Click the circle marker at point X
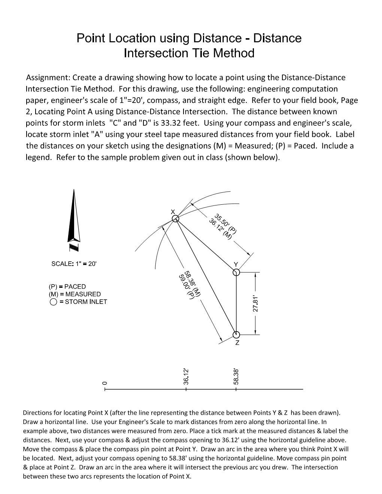click(x=175, y=219)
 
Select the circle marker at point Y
click(x=236, y=272)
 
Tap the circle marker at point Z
click(x=236, y=334)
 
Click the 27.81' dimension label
click(x=255, y=304)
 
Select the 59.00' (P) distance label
click(x=186, y=287)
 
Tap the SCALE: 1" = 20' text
click(x=74, y=264)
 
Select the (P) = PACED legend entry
click(x=67, y=287)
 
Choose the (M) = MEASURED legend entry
click(x=75, y=294)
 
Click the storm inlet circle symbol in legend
click(x=53, y=302)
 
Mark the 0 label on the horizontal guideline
click(x=105, y=383)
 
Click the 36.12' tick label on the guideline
click(x=186, y=376)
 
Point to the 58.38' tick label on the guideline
click(x=236, y=376)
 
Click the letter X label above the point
click(x=173, y=212)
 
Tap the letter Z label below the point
click(x=237, y=343)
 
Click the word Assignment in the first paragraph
click(x=48, y=78)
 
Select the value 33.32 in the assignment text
click(x=172, y=123)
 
